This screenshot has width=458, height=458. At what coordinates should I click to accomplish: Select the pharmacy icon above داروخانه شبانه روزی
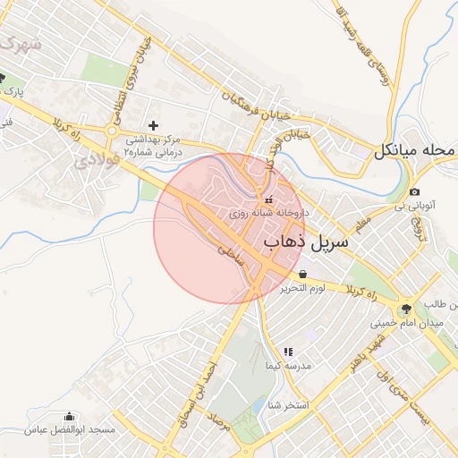pyautogui.click(x=269, y=199)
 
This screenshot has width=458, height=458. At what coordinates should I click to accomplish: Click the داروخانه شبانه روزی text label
pyautogui.click(x=269, y=213)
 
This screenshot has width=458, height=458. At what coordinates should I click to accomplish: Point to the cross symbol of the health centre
pyautogui.click(x=153, y=124)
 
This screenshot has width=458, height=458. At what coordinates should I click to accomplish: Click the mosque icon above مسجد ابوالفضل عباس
pyautogui.click(x=70, y=416)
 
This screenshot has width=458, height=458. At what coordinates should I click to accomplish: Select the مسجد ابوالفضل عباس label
pyautogui.click(x=71, y=430)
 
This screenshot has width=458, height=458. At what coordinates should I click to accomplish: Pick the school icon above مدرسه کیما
pyautogui.click(x=288, y=352)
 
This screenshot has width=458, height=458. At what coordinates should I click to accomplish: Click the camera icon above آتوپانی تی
pyautogui.click(x=414, y=192)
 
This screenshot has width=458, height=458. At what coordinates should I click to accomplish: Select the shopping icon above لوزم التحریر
pyautogui.click(x=303, y=274)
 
